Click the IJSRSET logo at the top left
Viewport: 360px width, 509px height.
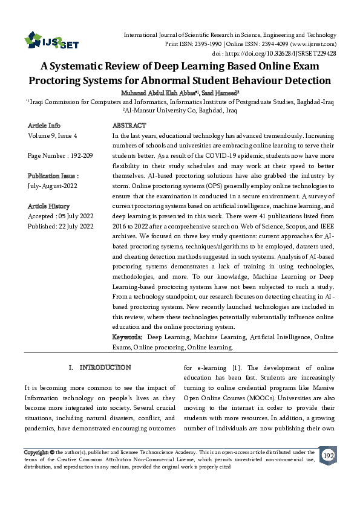click(x=52, y=42)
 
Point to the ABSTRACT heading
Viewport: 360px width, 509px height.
click(x=129, y=126)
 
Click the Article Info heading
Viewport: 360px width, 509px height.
click(x=44, y=126)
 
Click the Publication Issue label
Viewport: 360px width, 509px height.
click(x=53, y=176)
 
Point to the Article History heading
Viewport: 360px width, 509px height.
click(x=48, y=206)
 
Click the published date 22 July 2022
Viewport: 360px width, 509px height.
click(x=76, y=226)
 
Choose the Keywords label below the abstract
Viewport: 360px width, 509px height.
click(x=128, y=337)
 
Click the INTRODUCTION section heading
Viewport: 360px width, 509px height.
click(x=105, y=368)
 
